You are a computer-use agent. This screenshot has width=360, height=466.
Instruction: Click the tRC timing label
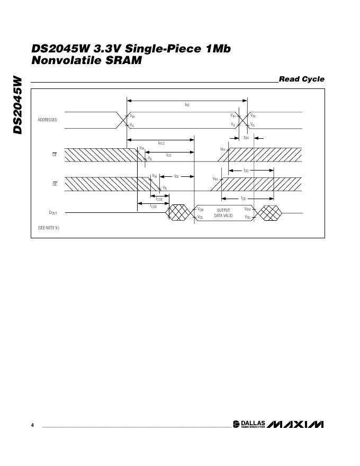pyautogui.click(x=187, y=105)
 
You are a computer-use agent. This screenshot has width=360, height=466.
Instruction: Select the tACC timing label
pyautogui.click(x=161, y=143)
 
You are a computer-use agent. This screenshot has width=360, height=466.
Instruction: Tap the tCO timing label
pyautogui.click(x=168, y=155)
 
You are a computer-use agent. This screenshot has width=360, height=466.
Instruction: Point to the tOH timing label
pyautogui.click(x=246, y=138)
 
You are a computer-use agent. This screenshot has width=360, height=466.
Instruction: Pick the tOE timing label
pyautogui.click(x=176, y=176)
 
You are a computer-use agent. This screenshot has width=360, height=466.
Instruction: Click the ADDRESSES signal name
pyautogui.click(x=47, y=120)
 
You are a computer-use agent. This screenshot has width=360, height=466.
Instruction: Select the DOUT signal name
pyautogui.click(x=53, y=213)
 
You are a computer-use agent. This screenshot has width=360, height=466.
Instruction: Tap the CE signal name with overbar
pyautogui.click(x=54, y=155)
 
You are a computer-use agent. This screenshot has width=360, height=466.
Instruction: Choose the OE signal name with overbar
pyautogui.click(x=54, y=184)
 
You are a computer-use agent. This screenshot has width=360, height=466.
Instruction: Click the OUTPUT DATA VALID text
pyautogui.click(x=223, y=213)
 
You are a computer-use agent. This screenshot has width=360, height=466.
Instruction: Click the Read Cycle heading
pyautogui.click(x=301, y=79)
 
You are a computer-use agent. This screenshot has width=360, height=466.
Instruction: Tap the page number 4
pyautogui.click(x=33, y=425)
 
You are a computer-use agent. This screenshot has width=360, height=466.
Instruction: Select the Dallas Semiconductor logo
pyautogui.click(x=249, y=425)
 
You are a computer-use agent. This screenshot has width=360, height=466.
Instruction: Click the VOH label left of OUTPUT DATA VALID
pyautogui.click(x=201, y=210)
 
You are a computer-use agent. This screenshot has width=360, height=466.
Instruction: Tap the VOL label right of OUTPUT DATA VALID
pyautogui.click(x=247, y=217)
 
